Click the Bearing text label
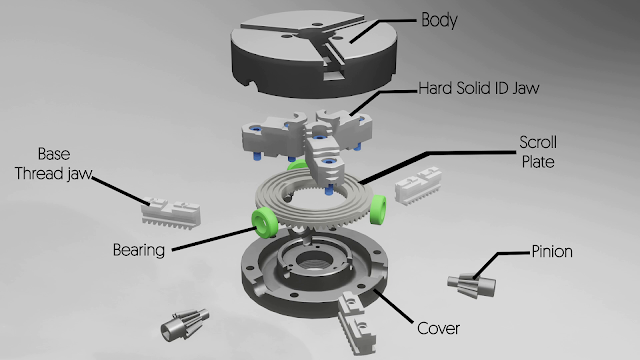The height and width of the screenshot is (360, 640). [x=136, y=250]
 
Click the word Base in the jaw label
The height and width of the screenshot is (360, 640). [x=52, y=155]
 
